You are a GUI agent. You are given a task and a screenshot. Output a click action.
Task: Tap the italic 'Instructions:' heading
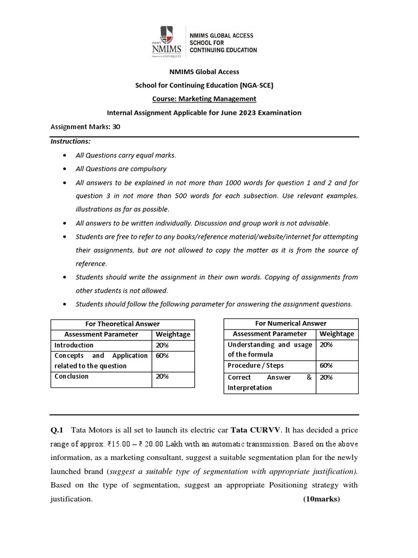(x=71, y=141)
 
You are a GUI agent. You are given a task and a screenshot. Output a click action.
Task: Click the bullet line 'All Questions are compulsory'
(x=121, y=169)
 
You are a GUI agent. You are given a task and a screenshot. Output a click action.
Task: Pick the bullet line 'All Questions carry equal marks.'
(x=126, y=155)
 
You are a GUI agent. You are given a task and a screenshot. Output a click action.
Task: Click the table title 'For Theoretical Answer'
(x=122, y=324)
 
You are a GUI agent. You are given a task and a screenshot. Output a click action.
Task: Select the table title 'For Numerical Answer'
(x=291, y=324)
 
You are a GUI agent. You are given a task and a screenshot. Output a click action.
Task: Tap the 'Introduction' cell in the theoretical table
(x=74, y=345)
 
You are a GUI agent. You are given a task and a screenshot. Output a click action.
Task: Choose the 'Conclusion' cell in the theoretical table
(x=71, y=376)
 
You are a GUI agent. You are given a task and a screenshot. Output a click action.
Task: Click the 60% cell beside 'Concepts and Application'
(x=162, y=355)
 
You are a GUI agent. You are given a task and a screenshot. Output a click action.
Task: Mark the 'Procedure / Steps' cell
(x=255, y=366)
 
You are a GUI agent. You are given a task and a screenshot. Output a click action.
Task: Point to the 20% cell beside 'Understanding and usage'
(x=326, y=345)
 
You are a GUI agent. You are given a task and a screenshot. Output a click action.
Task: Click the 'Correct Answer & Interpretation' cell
(x=269, y=382)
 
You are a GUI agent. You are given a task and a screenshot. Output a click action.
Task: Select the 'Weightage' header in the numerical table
(x=336, y=334)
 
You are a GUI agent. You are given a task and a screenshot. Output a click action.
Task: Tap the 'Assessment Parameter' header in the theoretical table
(x=101, y=335)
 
